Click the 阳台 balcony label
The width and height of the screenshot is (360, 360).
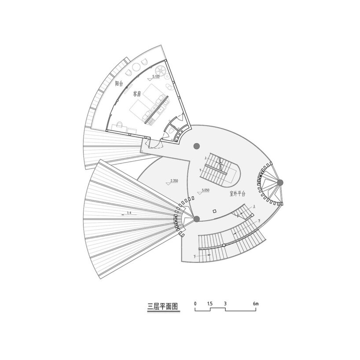click(119, 83)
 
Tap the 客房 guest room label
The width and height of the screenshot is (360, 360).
click(137, 94)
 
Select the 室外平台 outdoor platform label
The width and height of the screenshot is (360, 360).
click(237, 194)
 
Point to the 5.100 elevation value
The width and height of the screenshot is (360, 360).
click(156, 77)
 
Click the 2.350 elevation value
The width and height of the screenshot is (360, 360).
click(174, 181)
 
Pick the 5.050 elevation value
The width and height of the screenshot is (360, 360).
click(206, 190)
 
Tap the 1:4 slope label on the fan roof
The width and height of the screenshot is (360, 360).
click(129, 213)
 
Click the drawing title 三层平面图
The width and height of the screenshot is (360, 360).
click(162, 306)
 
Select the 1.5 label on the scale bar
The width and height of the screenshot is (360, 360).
click(210, 304)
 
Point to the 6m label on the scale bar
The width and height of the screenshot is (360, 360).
click(256, 304)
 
